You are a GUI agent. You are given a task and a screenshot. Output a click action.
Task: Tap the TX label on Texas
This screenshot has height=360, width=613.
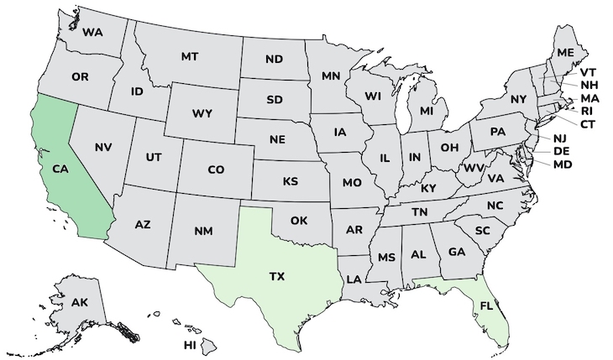[x=276, y=275]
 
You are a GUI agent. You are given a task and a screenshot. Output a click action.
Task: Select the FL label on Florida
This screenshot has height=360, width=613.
[x=487, y=306]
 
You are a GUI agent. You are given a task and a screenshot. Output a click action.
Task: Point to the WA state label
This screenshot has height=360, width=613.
[x=92, y=33]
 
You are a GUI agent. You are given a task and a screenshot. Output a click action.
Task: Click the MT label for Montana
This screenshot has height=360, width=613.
[x=190, y=57]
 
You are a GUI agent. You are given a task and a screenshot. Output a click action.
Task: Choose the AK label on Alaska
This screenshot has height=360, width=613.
[x=80, y=302]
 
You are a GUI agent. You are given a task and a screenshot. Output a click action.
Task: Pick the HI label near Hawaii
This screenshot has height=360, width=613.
[x=190, y=345]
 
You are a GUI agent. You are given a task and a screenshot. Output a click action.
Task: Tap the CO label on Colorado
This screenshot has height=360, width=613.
[x=216, y=170]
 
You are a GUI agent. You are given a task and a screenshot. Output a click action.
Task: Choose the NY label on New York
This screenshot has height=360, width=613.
[x=518, y=99]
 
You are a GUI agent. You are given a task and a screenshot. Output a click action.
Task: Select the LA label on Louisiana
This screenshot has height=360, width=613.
[x=354, y=279]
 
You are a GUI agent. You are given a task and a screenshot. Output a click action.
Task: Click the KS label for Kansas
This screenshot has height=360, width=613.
[x=291, y=181]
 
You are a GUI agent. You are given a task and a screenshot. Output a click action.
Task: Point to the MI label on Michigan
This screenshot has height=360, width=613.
[x=427, y=112]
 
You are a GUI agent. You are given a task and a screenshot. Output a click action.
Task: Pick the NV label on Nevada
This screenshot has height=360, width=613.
[x=103, y=148]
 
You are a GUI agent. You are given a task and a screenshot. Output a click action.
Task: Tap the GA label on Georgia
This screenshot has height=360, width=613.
[x=457, y=251]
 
